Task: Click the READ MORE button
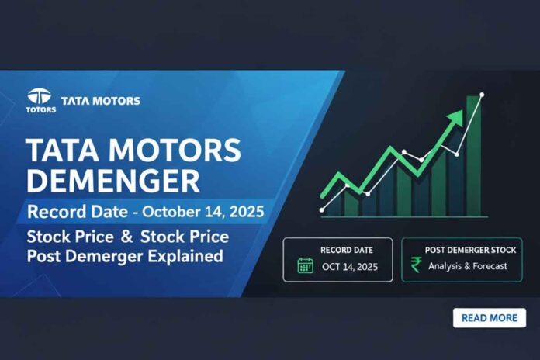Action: coord(489,318)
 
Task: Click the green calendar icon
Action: coord(305,266)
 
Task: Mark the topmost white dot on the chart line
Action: coord(482,95)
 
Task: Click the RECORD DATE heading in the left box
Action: coord(345,250)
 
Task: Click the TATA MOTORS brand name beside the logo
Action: coord(101,101)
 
